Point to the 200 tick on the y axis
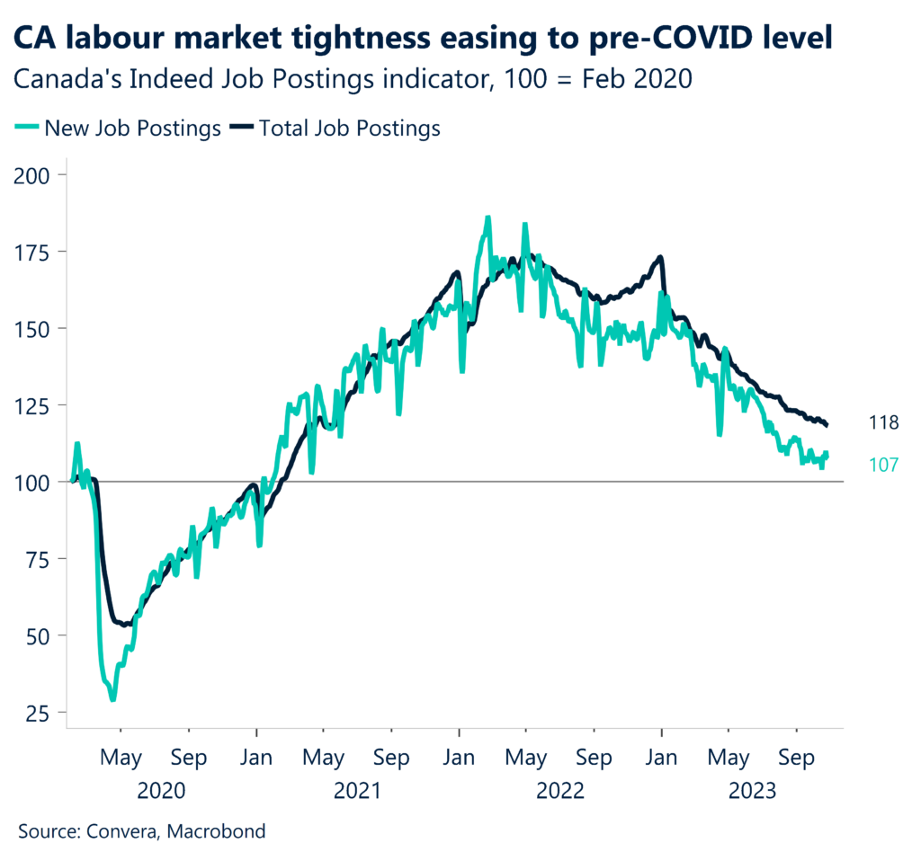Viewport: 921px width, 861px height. coord(35,174)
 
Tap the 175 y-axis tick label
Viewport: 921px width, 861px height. coord(35,252)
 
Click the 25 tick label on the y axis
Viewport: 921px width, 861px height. coord(40,713)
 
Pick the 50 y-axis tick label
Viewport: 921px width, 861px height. coord(40,635)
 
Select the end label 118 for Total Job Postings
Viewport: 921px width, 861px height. coord(884,422)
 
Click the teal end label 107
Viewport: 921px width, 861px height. coord(884,465)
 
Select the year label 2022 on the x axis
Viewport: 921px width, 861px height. coord(559,792)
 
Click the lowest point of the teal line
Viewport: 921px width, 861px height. coord(112,699)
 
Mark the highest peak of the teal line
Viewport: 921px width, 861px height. coord(487,217)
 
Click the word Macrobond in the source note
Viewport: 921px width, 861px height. coord(221,831)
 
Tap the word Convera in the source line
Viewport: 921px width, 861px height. coord(123,831)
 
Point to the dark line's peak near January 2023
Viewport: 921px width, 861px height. coord(660,258)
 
